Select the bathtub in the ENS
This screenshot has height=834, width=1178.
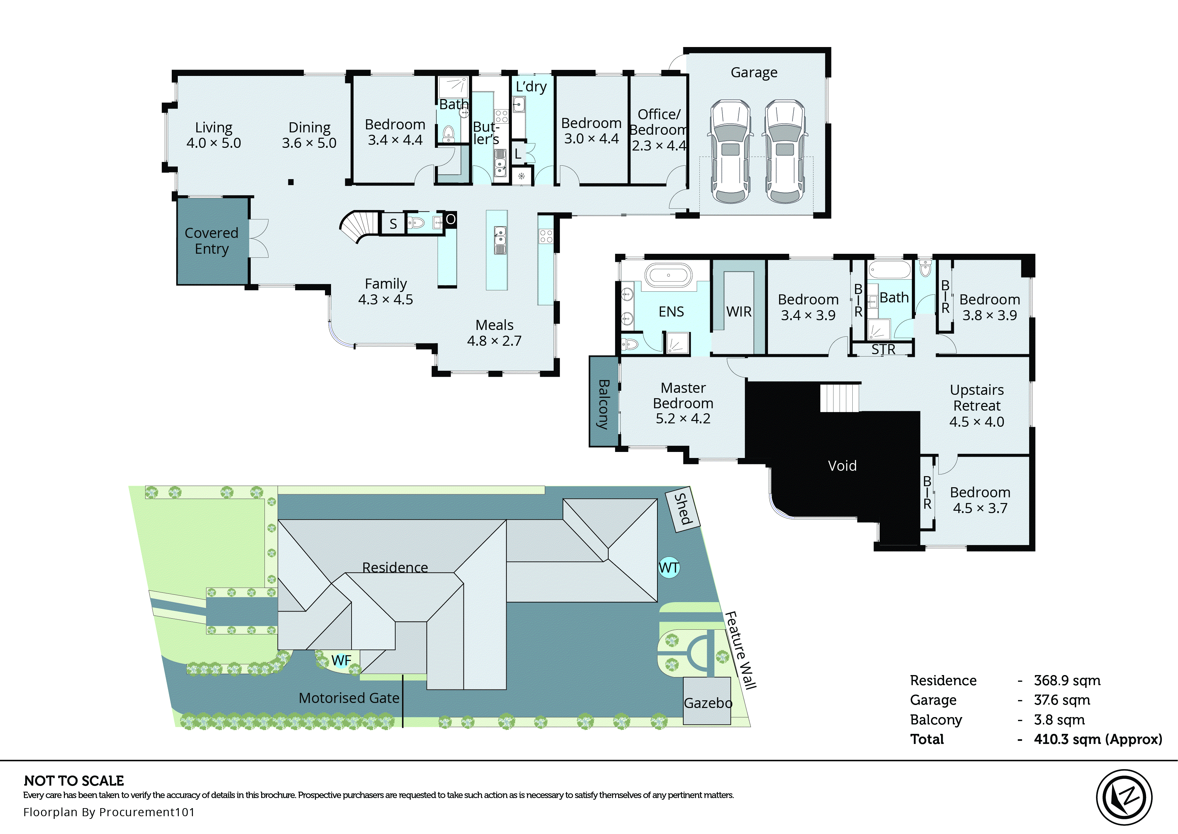pos(668,275)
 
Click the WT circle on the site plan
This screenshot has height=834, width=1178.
pos(668,568)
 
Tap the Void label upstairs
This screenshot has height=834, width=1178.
pos(842,466)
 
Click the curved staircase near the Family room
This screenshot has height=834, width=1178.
pos(360,226)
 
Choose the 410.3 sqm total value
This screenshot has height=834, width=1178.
pos(1097,740)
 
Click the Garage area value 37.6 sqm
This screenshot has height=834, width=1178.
pos(1061,700)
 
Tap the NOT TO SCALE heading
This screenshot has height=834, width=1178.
pos(74,781)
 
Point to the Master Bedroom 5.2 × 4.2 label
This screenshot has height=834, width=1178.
pos(683,403)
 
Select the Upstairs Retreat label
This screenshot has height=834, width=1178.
pos(976,405)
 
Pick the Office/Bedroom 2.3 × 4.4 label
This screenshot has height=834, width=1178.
pos(659,129)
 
